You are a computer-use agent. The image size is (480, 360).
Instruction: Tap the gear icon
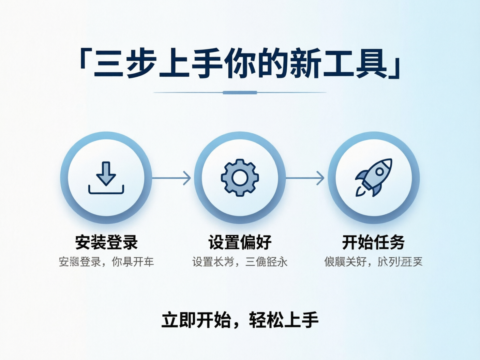click(240, 178)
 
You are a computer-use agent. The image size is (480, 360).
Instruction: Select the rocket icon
click(374, 178)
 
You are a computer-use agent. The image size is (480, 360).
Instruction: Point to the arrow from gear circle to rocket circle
click(305, 178)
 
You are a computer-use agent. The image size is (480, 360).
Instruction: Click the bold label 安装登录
click(106, 242)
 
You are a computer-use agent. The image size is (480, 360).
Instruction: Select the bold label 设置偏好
click(240, 242)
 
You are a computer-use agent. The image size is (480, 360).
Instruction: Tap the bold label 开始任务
click(374, 242)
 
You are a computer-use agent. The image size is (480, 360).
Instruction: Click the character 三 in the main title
click(108, 63)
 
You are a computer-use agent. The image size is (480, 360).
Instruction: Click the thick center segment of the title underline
click(240, 93)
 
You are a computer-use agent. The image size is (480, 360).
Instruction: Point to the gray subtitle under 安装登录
click(106, 262)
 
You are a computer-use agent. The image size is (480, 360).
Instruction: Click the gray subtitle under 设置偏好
click(240, 262)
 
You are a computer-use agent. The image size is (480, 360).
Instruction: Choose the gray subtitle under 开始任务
click(374, 262)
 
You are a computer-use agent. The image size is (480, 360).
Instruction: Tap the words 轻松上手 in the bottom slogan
click(284, 320)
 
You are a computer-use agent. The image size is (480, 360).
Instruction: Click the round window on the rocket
click(380, 171)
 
